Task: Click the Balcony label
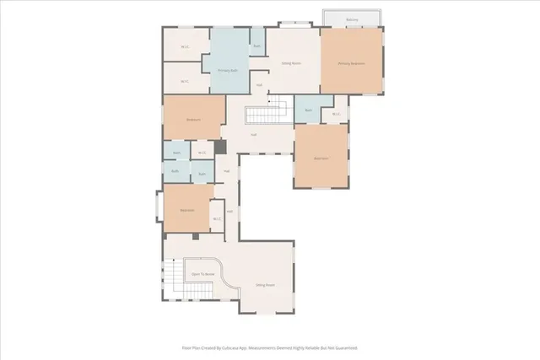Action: click(351, 19)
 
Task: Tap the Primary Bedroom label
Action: click(351, 63)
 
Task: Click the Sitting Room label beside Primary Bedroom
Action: click(291, 63)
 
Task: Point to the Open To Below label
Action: click(202, 274)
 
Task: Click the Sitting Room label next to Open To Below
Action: click(266, 285)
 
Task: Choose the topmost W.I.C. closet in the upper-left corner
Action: click(184, 47)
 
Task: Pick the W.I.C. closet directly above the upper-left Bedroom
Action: click(184, 81)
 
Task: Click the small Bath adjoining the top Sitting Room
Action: click(257, 46)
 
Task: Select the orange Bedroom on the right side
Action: click(321, 158)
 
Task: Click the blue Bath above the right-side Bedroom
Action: click(309, 110)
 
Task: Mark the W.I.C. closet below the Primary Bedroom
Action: click(335, 114)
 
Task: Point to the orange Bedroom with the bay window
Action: click(186, 210)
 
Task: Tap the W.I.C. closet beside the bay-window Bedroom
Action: click(216, 219)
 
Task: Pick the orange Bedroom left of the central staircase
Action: click(193, 120)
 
